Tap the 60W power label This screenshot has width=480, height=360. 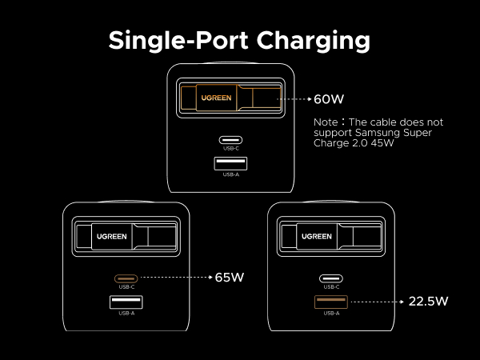click(328, 100)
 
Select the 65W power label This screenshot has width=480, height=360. click(229, 278)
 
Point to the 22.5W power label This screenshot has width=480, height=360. click(428, 302)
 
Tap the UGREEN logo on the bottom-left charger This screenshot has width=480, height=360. click(113, 236)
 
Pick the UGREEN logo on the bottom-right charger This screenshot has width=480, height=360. click(317, 236)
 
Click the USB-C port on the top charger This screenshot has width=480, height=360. click(230, 140)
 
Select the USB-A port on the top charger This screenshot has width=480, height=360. click(230, 164)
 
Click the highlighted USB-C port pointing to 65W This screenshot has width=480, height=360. click(126, 278)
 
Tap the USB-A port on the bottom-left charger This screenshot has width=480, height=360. click(126, 302)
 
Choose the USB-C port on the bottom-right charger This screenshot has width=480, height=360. click(331, 278)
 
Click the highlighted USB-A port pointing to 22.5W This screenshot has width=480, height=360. click(331, 302)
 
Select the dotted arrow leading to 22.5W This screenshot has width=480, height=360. click(376, 302)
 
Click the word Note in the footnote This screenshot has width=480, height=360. click(326, 122)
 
